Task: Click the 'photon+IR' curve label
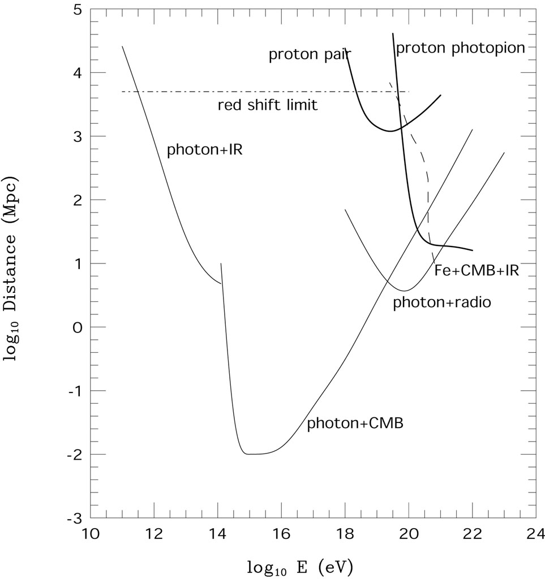point(204,150)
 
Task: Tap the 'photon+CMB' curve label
point(355,424)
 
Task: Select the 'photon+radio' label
point(441,303)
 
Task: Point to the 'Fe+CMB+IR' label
point(477,270)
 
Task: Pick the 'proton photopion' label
point(461,48)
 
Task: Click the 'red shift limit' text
point(268,105)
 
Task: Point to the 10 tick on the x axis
point(91,533)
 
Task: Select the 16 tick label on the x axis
point(281,533)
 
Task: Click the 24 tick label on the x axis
point(536,533)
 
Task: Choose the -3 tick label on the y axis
point(74,518)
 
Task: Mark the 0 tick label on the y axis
point(78,327)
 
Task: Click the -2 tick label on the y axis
point(74,455)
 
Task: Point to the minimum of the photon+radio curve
point(404,291)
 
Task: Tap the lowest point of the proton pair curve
point(389,131)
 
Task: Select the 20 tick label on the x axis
point(409,533)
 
